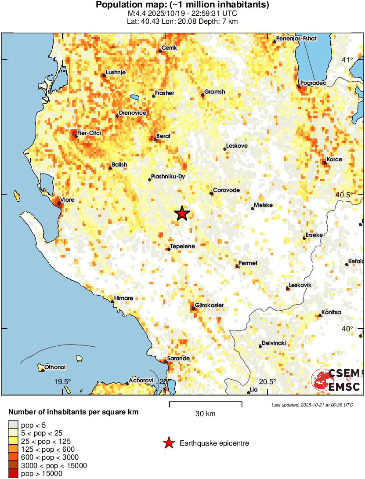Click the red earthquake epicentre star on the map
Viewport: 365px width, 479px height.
click(x=182, y=214)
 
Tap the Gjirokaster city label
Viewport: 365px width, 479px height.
click(x=210, y=305)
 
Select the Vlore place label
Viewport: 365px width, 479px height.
click(x=67, y=200)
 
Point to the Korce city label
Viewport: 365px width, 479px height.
click(x=334, y=160)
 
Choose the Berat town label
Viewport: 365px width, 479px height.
click(x=163, y=136)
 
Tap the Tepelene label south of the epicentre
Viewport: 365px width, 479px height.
click(x=182, y=247)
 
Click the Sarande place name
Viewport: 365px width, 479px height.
click(x=179, y=358)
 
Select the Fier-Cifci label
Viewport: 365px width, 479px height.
click(x=89, y=133)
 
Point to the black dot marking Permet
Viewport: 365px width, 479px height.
click(x=237, y=266)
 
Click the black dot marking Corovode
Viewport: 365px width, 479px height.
click(x=211, y=193)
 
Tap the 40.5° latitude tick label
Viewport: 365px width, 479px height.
click(x=345, y=195)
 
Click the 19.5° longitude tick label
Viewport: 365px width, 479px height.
click(x=62, y=381)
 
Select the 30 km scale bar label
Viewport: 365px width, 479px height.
click(x=205, y=414)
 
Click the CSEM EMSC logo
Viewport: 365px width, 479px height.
click(x=336, y=380)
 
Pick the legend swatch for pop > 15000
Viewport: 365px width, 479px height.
click(x=14, y=473)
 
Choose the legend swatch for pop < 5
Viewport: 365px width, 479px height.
click(x=14, y=425)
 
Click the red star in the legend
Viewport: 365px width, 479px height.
click(x=169, y=443)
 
